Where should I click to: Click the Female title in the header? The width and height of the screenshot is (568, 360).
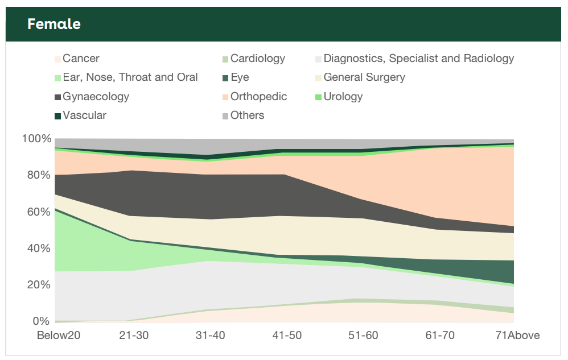(x=54, y=24)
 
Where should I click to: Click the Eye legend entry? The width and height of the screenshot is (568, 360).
(x=240, y=77)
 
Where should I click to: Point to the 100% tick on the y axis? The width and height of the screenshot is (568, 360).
(x=36, y=139)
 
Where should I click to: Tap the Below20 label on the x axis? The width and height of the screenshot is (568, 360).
(x=59, y=336)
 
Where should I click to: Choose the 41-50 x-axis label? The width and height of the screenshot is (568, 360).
(x=286, y=336)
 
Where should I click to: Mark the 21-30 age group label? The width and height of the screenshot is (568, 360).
(x=134, y=336)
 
